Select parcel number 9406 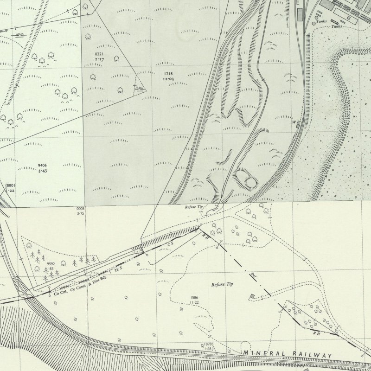[42, 166]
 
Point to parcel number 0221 [93, 55]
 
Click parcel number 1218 [168, 74]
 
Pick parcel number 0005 [80, 210]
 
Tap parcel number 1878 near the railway [208, 344]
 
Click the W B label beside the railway [295, 122]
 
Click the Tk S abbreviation [119, 268]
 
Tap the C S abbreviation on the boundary [170, 243]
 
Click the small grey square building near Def [252, 296]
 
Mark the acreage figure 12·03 [168, 79]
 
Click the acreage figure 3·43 [42, 171]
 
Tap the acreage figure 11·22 [194, 302]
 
